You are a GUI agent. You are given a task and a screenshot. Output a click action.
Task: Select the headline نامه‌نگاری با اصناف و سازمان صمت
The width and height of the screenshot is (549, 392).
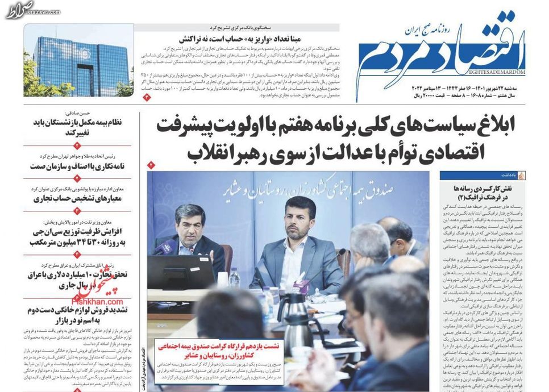point(79,166)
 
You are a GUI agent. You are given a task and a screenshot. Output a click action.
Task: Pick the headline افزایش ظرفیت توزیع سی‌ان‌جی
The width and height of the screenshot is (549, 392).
point(80,237)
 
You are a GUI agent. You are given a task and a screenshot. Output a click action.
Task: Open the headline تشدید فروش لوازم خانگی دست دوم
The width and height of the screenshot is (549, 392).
point(79,315)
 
